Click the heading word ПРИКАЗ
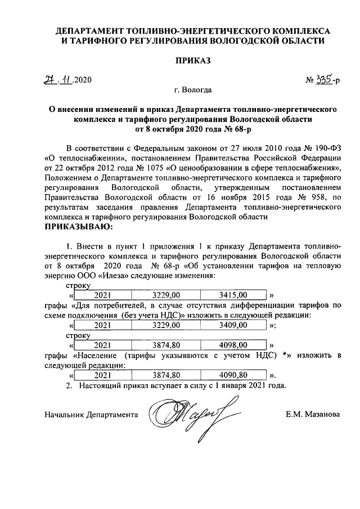[192, 61]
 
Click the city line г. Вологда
[193, 89]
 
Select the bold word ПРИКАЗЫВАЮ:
[78, 227]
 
